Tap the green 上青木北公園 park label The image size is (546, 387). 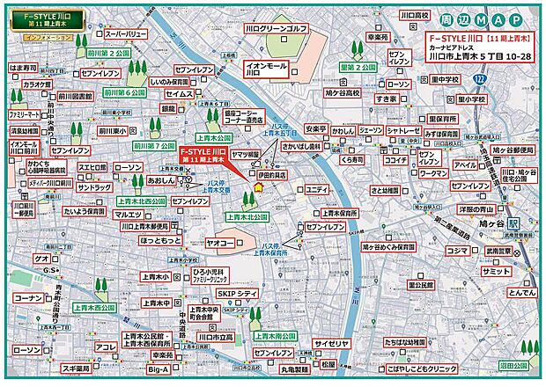pos(245,216)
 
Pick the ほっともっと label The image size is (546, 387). pos(160,238)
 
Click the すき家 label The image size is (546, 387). pos(387,99)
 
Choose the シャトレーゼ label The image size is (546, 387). pos(403,131)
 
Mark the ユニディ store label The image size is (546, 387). pos(317,190)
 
